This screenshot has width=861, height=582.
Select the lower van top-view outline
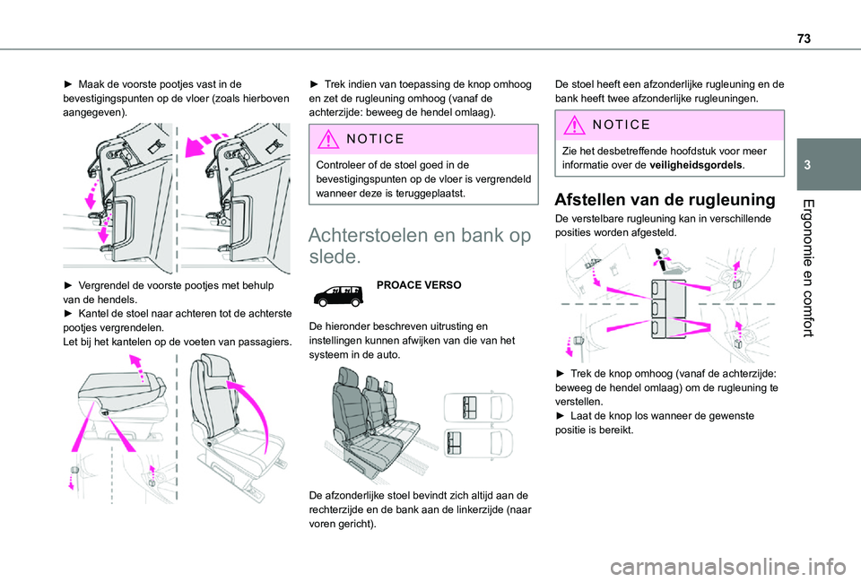(477, 440)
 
